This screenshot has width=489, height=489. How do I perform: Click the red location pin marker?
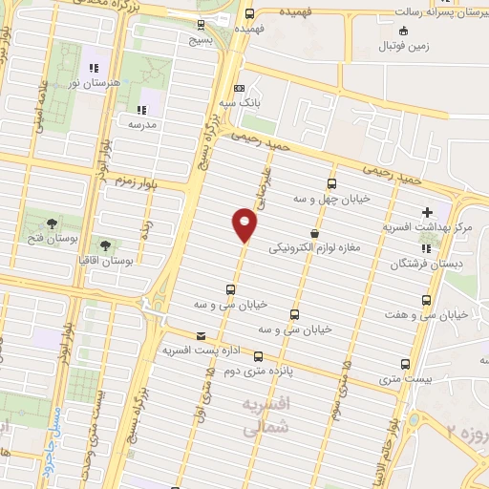click(244, 225)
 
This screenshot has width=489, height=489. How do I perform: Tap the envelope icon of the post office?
click(201, 336)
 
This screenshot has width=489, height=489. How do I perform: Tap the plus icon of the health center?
click(427, 212)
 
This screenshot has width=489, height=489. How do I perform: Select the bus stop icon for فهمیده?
click(249, 13)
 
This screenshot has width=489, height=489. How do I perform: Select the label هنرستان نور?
click(95, 84)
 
